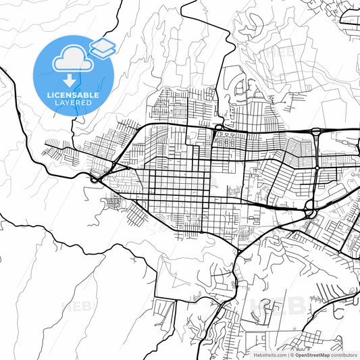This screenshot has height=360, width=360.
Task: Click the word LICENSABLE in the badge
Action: (73, 95)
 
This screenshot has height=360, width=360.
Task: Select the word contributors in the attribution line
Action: (343, 355)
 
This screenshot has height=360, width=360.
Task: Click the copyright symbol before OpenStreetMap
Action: (291, 355)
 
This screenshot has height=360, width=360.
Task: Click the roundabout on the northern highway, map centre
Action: (219, 127)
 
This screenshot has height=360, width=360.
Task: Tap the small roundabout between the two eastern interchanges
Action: (317, 167)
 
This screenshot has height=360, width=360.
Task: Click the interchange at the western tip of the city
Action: (94, 179)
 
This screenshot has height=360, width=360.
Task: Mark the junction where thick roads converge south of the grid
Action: (239, 252)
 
